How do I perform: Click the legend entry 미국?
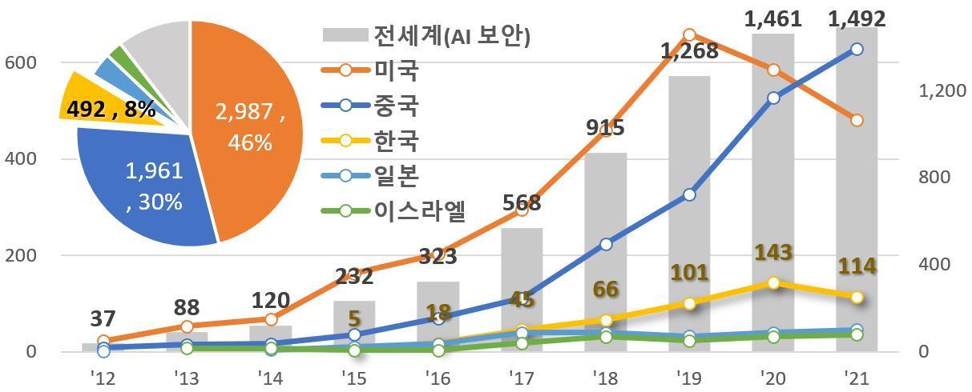pos(397,70)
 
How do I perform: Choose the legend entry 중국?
pos(397,106)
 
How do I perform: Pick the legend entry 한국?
pos(397,141)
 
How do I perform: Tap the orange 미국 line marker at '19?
pos(690,34)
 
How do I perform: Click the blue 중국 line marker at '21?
pos(857,50)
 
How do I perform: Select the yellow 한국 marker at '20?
pos(773,283)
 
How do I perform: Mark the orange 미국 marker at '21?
pos(857,120)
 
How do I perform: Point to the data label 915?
pos(605,127)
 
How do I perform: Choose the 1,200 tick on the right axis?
pos(941,91)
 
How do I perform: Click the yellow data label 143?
pos(773,254)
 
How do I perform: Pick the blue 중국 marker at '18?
pos(606,244)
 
